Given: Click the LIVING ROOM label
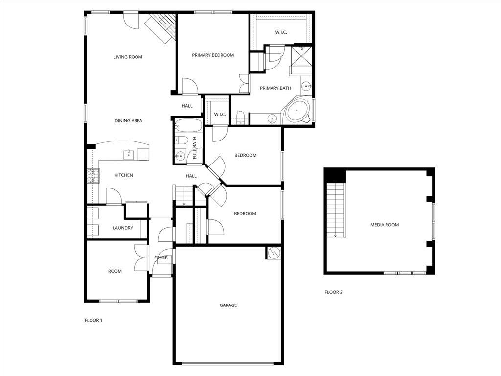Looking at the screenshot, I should (x=128, y=57).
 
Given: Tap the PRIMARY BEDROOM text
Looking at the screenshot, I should (x=213, y=55).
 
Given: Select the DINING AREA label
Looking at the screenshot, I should (x=129, y=121).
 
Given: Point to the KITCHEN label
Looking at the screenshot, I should (x=124, y=175).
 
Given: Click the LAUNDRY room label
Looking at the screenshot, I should (x=123, y=228).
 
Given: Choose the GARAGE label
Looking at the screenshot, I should (x=228, y=305).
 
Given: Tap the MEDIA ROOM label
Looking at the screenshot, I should (x=385, y=225).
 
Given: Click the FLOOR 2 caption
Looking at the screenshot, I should (x=334, y=292).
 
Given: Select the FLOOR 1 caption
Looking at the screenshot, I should (x=93, y=320).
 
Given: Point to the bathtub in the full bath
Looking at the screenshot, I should (x=188, y=125).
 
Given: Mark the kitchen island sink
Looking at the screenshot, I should (x=129, y=155).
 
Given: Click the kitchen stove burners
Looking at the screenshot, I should (x=93, y=176).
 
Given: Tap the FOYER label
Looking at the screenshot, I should (x=161, y=258).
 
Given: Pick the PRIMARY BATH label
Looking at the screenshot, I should (x=275, y=88).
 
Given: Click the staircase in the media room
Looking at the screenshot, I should (x=336, y=210).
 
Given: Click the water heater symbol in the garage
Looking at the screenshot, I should (x=273, y=253).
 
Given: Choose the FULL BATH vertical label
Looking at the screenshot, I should (x=194, y=148).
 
